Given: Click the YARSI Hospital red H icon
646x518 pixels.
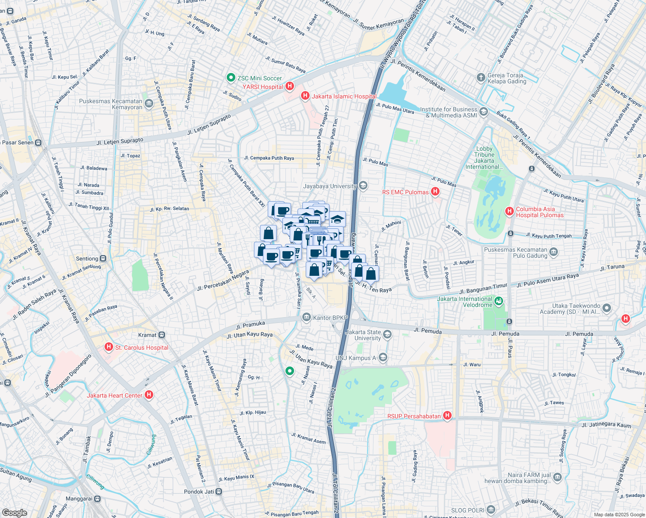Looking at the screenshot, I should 290,86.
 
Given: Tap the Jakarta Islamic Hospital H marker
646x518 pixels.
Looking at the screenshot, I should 305,96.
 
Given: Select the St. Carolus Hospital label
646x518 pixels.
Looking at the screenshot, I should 142,347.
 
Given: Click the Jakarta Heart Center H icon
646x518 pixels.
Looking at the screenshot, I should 149,395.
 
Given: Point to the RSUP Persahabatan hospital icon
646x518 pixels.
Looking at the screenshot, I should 447,416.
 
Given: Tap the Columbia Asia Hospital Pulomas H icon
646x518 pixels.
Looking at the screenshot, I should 510,212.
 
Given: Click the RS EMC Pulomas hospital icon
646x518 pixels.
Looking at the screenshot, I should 435,192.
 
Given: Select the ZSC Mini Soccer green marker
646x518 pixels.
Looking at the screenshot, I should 231,78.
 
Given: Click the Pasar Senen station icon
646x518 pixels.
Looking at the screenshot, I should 38,142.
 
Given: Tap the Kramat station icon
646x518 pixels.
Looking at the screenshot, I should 161,335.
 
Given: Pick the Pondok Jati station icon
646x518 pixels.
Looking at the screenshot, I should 219,492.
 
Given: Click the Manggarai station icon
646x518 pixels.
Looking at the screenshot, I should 97,499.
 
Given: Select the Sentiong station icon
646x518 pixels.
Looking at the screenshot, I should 103,259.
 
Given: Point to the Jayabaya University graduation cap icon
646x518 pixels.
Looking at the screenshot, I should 363,186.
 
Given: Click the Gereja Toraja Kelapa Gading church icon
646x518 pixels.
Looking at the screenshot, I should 481,78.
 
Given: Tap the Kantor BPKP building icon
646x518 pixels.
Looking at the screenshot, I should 306,318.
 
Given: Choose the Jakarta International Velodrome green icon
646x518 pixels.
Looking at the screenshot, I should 499,301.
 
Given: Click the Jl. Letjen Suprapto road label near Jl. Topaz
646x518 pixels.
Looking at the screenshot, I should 120,142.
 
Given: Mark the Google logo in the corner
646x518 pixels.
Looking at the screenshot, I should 14,512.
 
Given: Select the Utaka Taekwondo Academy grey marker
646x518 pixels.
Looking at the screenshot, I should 607,308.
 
